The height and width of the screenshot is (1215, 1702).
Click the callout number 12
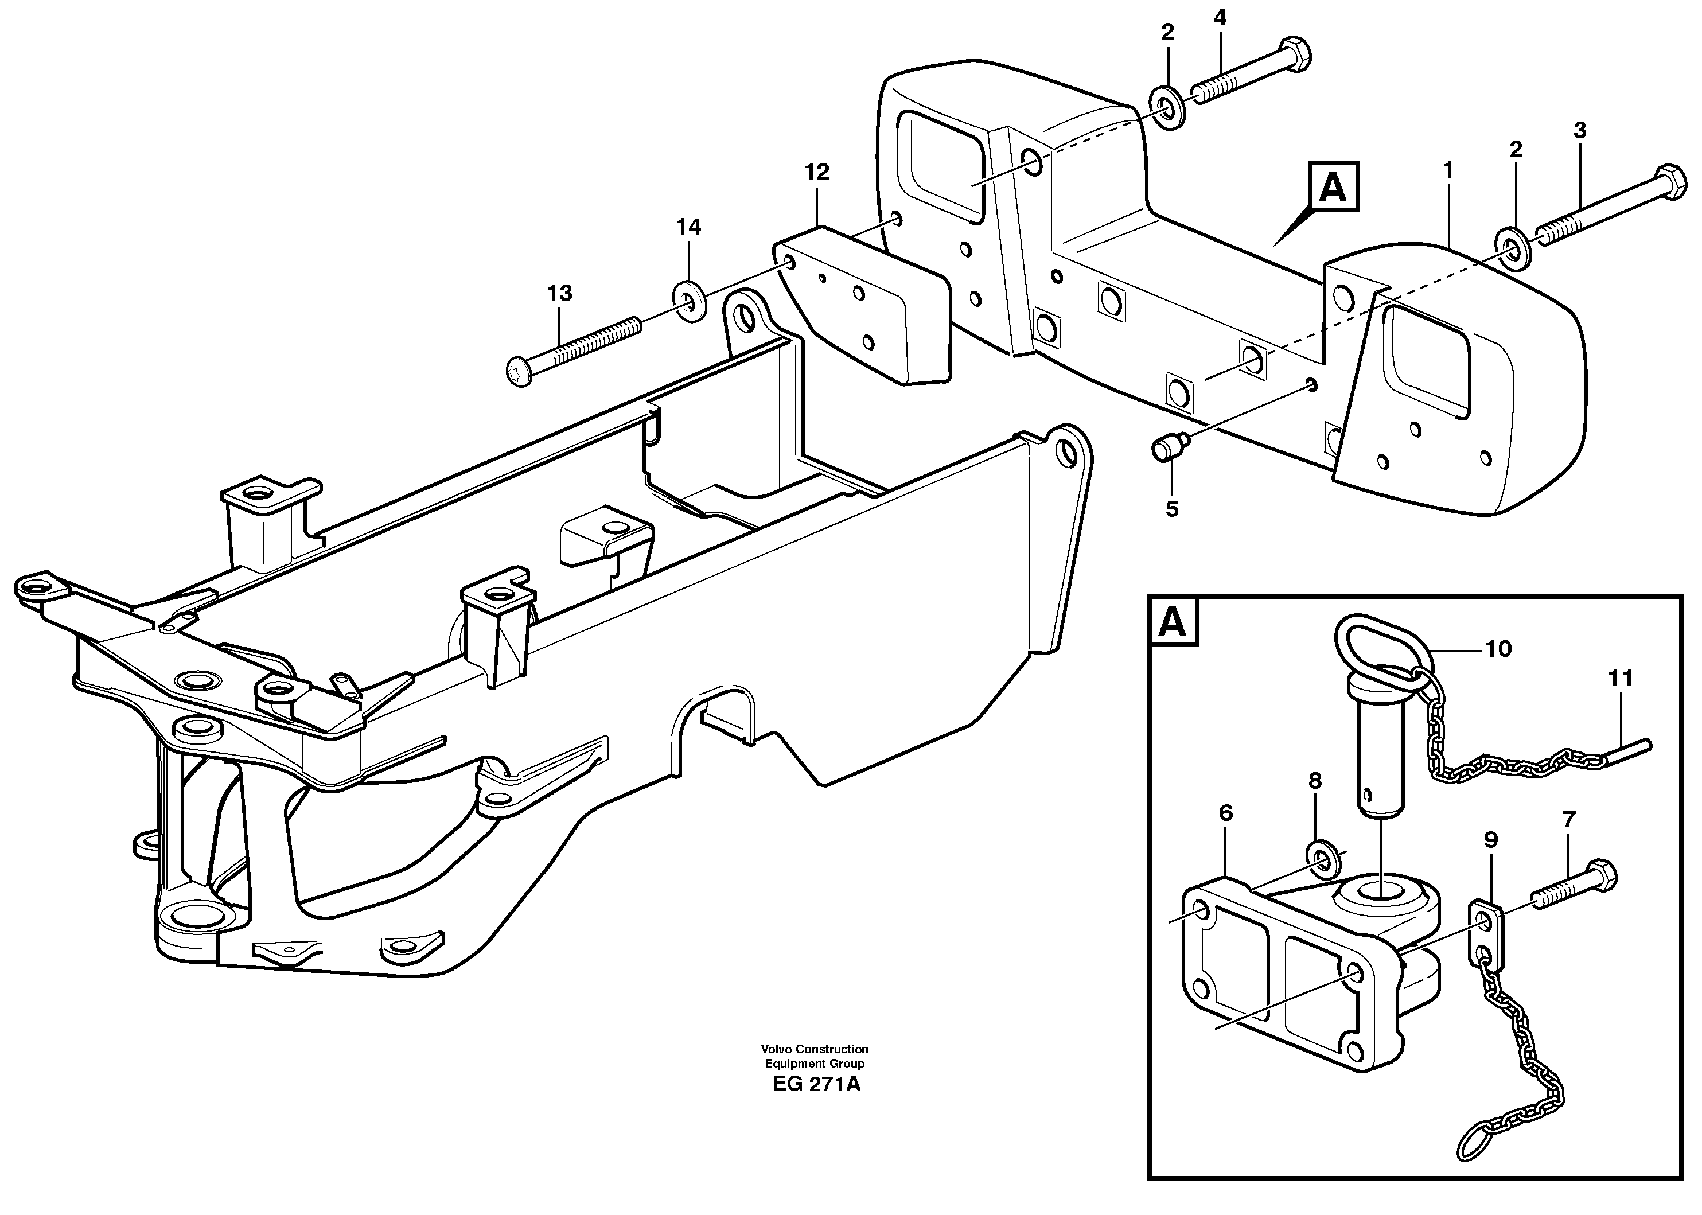(817, 173)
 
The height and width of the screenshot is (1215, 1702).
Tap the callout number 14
(689, 227)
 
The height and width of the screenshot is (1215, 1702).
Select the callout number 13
(560, 293)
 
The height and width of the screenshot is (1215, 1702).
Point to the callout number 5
(1171, 509)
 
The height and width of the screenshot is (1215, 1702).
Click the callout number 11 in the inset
(1621, 679)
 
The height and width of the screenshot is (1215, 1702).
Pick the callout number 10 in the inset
(1498, 649)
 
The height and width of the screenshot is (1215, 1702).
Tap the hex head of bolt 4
(1296, 54)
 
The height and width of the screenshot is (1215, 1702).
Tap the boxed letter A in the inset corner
(1173, 622)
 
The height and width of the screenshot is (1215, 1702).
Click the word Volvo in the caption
(777, 1049)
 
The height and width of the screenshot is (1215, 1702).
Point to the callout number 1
(1448, 172)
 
